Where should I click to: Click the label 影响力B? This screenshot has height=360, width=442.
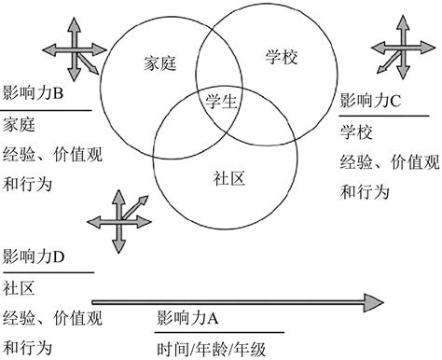[34, 94]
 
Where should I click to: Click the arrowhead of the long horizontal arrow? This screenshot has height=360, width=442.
[375, 302]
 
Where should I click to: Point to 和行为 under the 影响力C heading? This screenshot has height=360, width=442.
[363, 194]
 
